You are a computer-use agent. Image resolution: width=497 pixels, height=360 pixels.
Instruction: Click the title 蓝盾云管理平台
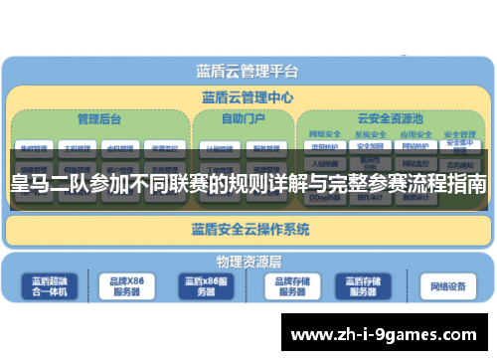248,72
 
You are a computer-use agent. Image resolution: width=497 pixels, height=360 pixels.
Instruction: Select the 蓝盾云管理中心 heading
248,97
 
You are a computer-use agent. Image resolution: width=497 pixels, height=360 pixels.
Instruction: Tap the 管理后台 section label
99,118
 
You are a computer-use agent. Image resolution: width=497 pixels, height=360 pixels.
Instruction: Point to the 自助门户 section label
243,118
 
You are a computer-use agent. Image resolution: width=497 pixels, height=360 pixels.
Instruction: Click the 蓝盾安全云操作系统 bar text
249,229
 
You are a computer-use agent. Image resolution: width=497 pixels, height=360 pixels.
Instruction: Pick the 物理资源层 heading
248,262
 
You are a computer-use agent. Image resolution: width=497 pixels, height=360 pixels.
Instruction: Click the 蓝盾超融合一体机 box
50,287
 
